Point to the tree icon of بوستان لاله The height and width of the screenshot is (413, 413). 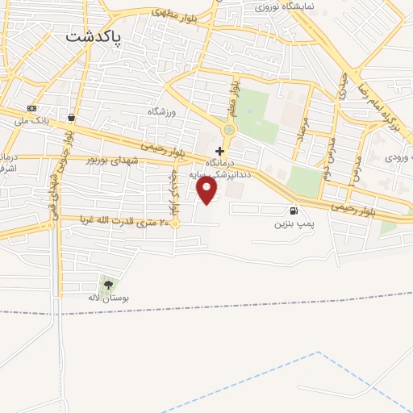108,284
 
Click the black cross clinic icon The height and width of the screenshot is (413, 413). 219,151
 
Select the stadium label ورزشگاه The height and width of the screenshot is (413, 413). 161,111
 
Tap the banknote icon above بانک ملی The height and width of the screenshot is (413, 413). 31,108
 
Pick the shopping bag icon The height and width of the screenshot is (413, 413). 72,116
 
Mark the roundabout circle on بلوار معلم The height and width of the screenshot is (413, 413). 229,129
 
